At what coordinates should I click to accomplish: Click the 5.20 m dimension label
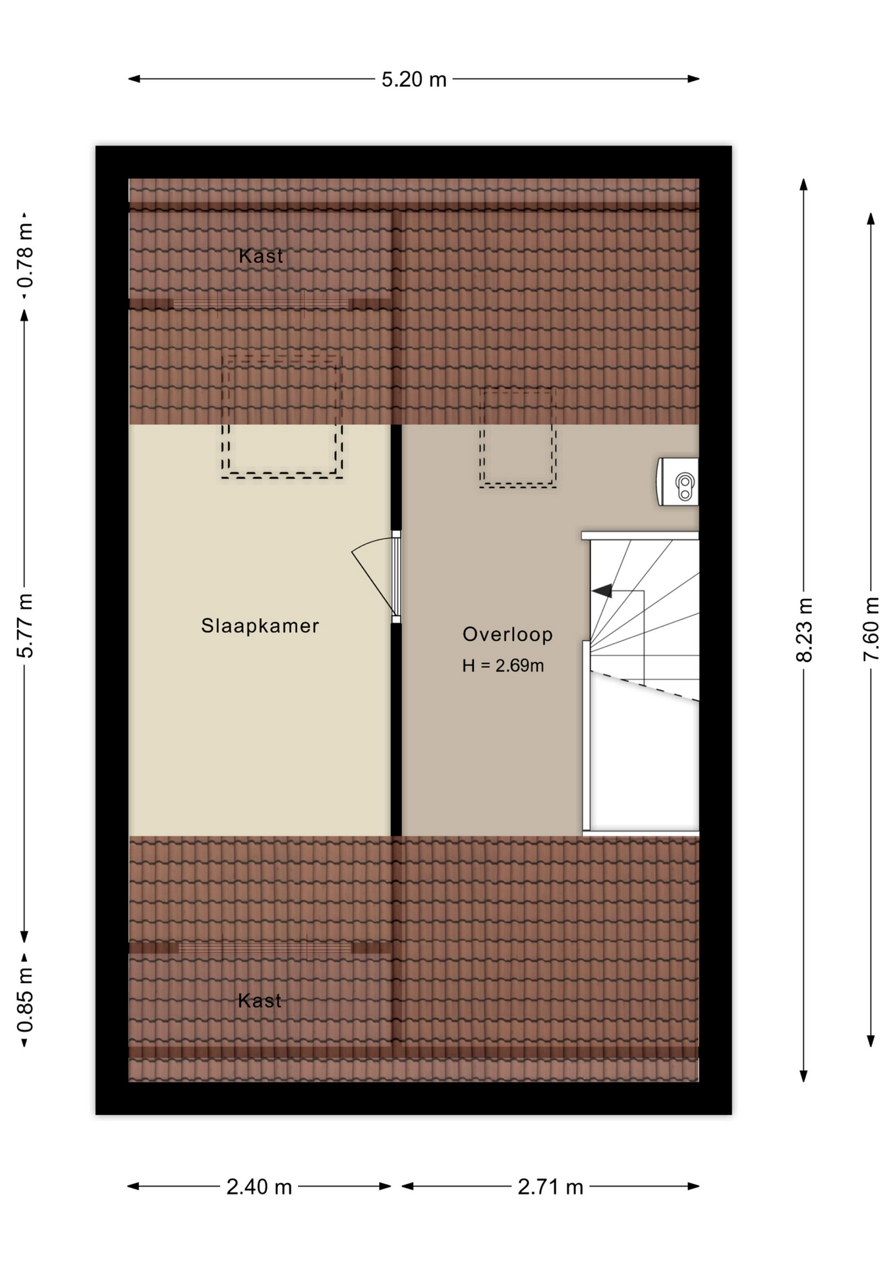(414, 80)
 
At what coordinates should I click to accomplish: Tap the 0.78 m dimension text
(25, 256)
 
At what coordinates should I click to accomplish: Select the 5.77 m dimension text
(25, 625)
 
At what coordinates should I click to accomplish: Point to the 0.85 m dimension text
(25, 999)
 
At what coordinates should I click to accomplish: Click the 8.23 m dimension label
(804, 629)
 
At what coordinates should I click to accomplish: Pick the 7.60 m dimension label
(871, 629)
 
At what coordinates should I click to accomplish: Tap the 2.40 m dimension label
(259, 1187)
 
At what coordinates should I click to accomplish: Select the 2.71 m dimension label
(550, 1187)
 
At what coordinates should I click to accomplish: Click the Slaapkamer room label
(260, 625)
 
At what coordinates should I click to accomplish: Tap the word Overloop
(507, 634)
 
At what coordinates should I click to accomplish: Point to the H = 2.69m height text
(503, 665)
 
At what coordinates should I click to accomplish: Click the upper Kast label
(260, 256)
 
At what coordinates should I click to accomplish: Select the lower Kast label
(260, 1001)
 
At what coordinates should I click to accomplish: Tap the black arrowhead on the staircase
(602, 591)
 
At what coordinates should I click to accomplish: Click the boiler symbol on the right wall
(679, 482)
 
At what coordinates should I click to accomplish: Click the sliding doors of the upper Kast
(260, 304)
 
